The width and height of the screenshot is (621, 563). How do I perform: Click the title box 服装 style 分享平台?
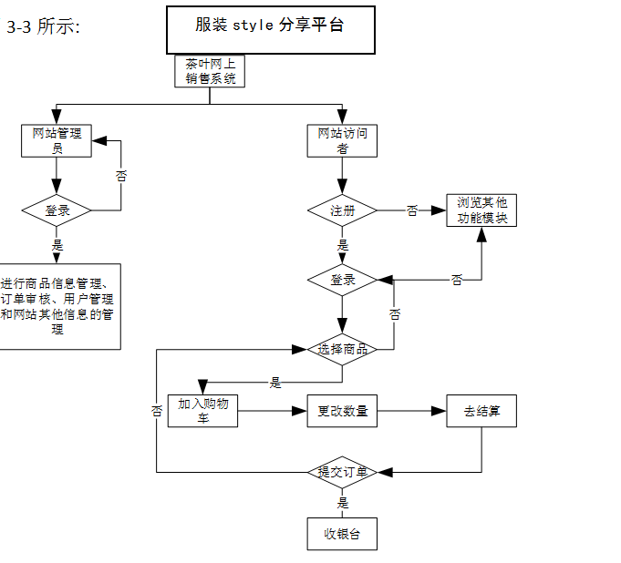pos(270,29)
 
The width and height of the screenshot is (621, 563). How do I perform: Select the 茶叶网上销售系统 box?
pos(211,71)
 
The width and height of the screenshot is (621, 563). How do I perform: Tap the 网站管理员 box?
pos(57,140)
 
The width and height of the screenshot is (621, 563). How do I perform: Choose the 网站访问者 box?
pos(342,140)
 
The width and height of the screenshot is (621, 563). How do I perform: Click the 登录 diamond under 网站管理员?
pos(57,210)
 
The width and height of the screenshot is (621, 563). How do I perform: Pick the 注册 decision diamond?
pos(342,210)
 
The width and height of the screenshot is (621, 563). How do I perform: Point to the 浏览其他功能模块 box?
pos(481,210)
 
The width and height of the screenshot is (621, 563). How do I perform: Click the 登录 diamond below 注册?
pos(342,280)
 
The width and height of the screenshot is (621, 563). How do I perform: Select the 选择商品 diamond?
pos(342,349)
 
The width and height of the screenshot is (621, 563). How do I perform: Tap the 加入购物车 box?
pos(202,411)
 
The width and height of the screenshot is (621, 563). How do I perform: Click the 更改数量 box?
pos(342,411)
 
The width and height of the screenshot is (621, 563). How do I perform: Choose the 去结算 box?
pos(481,411)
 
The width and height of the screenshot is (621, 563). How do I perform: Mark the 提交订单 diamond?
pos(342,472)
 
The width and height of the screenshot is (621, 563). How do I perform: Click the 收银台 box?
pos(342,534)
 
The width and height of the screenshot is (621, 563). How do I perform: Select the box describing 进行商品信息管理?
pos(58,306)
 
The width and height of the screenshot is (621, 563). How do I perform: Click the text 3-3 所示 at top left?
pos(43,27)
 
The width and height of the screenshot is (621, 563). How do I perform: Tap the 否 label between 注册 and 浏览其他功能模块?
pos(412,210)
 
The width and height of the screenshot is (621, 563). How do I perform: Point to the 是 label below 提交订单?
pos(343,503)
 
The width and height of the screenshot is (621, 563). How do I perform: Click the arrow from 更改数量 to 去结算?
pos(411,411)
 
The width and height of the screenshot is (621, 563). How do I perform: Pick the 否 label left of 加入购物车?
pos(157,411)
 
